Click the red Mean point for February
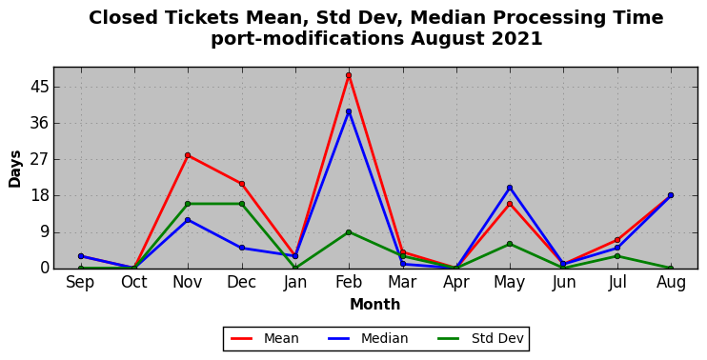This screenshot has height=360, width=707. point(349,75)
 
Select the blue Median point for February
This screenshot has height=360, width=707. point(349,111)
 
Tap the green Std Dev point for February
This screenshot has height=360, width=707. point(349,232)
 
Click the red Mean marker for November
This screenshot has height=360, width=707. point(188,155)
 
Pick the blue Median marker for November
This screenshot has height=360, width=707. point(188,220)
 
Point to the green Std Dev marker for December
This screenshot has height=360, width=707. point(242,204)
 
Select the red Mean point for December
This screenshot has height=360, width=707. point(242,184)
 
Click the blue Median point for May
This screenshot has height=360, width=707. point(510,188)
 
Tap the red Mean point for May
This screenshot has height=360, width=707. point(510,204)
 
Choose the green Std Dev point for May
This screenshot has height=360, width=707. point(510,244)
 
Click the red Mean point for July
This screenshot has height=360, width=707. point(617,240)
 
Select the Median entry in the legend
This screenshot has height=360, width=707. point(384,338)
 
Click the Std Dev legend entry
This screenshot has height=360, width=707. point(497,338)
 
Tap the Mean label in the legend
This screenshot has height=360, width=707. point(281,338)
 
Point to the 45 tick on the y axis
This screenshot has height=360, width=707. point(39,87)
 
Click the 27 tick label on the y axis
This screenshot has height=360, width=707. point(39,159)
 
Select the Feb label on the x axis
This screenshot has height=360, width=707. point(349,283)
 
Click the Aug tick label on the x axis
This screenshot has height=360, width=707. point(671,283)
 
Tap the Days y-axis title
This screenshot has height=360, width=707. point(15,169)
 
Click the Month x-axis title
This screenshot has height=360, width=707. point(375,304)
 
